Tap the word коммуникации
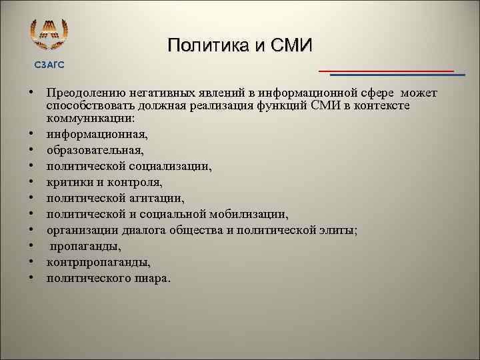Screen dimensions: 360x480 89,118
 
